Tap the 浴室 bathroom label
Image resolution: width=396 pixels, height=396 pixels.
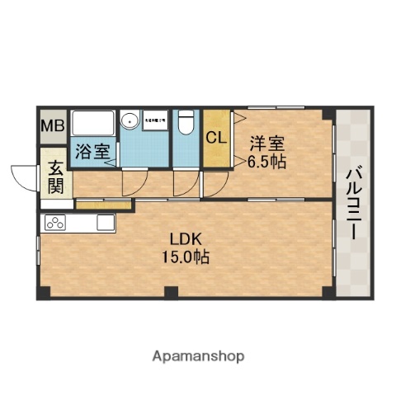[x=92, y=151]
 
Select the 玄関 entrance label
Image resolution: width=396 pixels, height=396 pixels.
[x=55, y=177]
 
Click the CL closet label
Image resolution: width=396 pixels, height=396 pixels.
[x=216, y=138]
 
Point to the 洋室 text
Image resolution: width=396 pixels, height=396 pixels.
[x=268, y=142]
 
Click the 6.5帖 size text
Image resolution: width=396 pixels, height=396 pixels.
[x=267, y=162]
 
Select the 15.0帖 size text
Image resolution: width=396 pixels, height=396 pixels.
[x=186, y=257]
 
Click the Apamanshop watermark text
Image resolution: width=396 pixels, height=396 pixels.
[x=198, y=356]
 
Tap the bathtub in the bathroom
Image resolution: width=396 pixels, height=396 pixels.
[x=93, y=125]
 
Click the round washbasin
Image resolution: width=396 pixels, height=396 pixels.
[x=130, y=122]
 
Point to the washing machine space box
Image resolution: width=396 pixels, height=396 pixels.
[x=154, y=121]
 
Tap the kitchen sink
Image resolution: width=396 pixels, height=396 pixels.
[x=106, y=222]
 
